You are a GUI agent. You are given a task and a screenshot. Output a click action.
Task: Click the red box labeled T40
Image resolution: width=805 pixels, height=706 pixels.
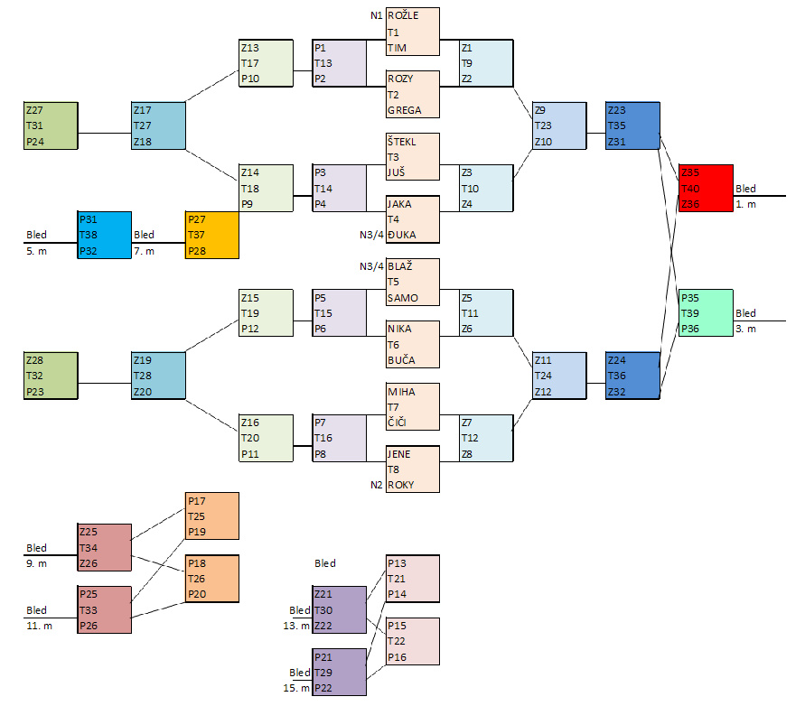706,189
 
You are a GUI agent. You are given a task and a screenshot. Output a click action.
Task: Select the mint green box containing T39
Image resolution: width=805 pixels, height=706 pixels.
706,312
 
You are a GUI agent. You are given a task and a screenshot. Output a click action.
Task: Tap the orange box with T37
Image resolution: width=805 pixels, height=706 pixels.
211,235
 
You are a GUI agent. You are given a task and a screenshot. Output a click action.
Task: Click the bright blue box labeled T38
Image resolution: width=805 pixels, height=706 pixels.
104,235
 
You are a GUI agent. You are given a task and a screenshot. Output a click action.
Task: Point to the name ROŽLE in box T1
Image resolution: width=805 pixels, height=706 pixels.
403,15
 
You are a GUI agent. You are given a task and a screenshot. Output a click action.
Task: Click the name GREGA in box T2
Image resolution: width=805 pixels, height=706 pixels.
404,110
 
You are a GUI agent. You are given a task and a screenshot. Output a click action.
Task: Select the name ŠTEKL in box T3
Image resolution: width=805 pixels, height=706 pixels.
403,141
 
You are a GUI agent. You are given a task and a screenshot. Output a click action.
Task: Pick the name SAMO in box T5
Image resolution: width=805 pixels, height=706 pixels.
402,298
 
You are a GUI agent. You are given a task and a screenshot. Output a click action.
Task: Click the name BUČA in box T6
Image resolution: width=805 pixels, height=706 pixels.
401,360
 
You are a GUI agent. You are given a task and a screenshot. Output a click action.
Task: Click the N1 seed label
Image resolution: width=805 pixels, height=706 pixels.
376,15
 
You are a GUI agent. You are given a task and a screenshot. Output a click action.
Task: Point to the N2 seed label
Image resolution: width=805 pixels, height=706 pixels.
376,485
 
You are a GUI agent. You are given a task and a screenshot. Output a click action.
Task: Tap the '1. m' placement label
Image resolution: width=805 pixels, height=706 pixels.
746,205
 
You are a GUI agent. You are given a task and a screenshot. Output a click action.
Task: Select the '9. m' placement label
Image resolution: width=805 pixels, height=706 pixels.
37,564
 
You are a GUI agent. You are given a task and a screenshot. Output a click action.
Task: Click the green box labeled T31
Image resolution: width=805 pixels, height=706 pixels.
51,125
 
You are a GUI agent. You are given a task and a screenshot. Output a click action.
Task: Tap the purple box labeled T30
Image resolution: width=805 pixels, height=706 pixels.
340,609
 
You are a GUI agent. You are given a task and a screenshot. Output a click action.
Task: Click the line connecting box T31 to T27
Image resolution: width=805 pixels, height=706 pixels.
105,134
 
